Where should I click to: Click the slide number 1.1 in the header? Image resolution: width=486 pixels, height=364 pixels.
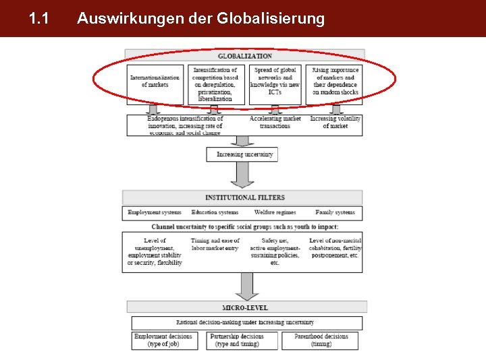tap(38, 19)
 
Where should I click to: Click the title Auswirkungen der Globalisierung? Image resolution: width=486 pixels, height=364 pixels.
tap(200, 19)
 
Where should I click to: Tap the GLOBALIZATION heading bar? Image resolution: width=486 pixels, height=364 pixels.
tap(245, 55)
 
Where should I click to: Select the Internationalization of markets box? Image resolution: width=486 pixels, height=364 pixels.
tap(155, 82)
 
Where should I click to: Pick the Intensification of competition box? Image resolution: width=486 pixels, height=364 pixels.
tap(215, 84)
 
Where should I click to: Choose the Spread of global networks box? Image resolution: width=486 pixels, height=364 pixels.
tap(275, 81)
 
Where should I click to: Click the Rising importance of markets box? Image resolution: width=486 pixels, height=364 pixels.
tap(335, 81)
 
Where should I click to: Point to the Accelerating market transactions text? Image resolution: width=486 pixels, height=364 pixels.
tap(275, 123)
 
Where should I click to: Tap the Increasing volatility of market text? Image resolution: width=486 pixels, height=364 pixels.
tap(335, 123)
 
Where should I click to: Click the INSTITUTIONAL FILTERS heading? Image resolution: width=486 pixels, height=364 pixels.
tap(245, 198)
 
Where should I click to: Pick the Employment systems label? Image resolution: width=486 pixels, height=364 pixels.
tap(155, 213)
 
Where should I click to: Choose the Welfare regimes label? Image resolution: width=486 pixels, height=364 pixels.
tap(275, 213)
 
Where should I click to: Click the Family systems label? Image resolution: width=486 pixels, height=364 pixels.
tap(335, 213)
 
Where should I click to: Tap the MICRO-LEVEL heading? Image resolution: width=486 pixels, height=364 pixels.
tap(245, 307)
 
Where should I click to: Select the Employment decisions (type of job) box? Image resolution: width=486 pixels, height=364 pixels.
tap(163, 340)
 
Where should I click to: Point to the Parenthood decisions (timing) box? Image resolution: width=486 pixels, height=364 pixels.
tap(321, 340)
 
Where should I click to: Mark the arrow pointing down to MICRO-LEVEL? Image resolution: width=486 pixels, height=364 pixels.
tap(246, 286)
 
